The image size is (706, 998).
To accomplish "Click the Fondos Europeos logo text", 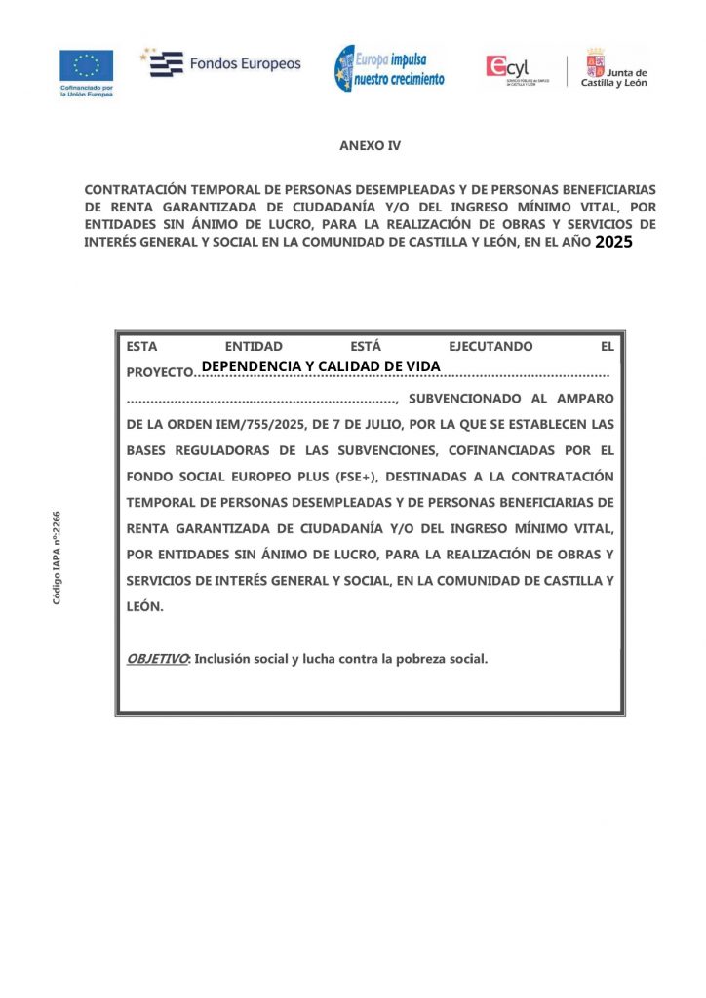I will click(x=245, y=64).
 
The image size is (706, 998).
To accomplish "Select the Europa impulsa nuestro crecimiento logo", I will click(x=390, y=68).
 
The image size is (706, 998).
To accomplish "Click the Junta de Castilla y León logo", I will click(x=614, y=68).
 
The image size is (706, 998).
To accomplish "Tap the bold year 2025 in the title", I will click(x=613, y=243).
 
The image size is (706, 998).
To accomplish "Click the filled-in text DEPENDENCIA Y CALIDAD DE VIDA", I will click(x=321, y=365).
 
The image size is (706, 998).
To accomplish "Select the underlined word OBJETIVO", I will click(x=157, y=659).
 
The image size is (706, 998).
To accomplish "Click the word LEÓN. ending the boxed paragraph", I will click(x=145, y=606).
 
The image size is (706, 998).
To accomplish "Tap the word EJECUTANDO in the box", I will click(x=490, y=346).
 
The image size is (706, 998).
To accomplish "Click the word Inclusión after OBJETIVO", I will click(x=223, y=659).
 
